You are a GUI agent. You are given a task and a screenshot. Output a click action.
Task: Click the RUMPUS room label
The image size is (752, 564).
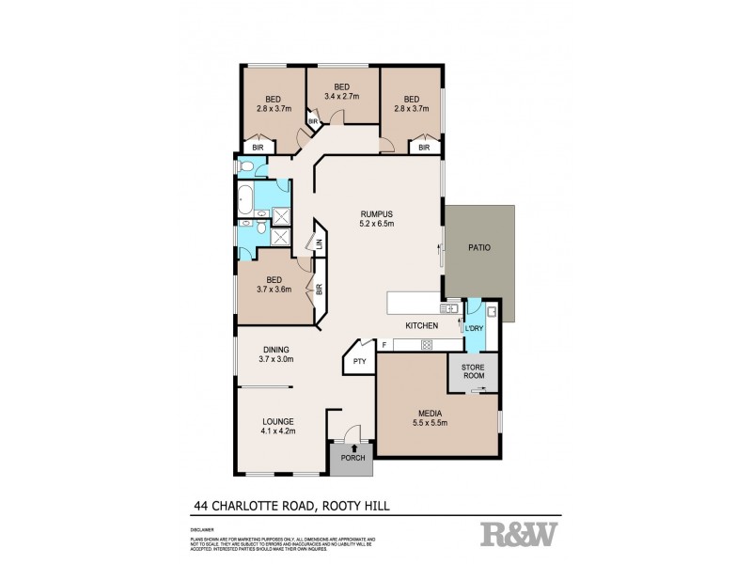[x=375, y=213]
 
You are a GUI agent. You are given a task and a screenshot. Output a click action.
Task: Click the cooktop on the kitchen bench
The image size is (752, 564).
[x=426, y=345]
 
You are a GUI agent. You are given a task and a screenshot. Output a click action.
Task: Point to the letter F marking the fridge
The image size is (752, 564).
[x=383, y=345]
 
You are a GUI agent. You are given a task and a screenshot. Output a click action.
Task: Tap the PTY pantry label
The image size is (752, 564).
[x=359, y=360]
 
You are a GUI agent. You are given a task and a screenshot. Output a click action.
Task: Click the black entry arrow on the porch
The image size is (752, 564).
[x=352, y=447]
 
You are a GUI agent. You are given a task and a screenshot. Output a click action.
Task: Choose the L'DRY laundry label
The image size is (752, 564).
[x=473, y=328]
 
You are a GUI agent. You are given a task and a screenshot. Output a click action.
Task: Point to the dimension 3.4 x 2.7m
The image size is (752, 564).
[x=342, y=96]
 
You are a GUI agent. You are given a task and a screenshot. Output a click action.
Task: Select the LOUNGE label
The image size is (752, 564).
[x=279, y=421]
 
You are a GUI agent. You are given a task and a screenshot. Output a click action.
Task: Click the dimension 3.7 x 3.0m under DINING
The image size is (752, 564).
[x=276, y=359]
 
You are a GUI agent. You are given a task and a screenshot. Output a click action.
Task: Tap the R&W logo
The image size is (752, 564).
[x=519, y=535]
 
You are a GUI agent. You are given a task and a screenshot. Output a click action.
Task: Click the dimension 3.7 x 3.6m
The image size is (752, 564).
[x=275, y=290]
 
